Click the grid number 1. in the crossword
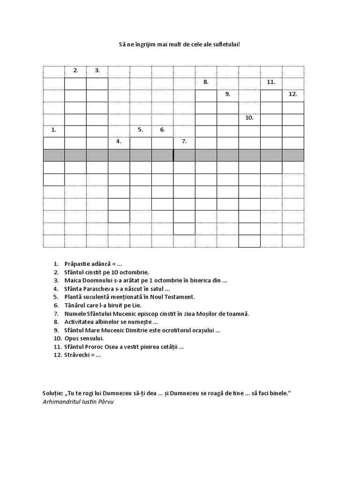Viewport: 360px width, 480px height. pos(54,130)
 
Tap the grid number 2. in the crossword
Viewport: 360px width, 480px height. pos(75,71)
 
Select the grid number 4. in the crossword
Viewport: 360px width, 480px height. pos(119,141)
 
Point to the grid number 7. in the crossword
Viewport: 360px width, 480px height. pos(184,141)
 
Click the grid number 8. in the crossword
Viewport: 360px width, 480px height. pos(206,82)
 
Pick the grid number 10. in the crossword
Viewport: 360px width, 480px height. pos(249,118)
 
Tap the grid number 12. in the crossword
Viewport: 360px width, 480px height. pos(293,94)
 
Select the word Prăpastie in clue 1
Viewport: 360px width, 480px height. pos(78,264)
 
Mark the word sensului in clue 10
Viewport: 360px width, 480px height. pos(91,338)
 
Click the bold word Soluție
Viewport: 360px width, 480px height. pos(52,393)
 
